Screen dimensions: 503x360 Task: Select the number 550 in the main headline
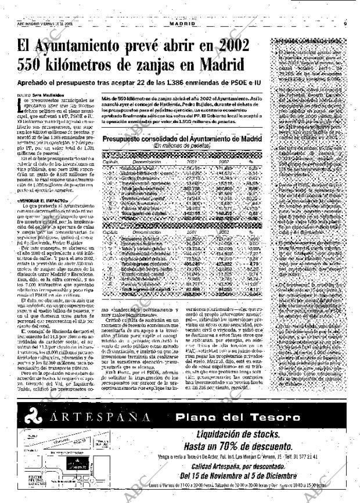pos(33,65)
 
